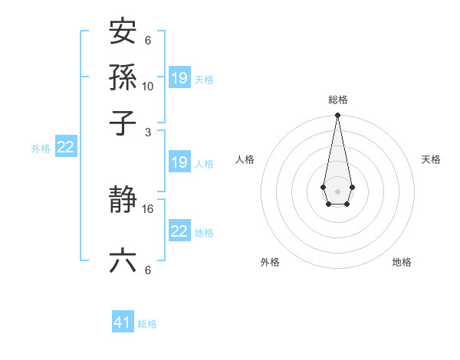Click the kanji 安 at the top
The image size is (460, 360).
(123, 32)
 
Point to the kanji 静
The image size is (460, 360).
(123, 201)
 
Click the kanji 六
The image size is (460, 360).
(123, 261)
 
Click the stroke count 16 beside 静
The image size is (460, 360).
(148, 208)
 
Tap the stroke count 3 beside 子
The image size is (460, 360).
(147, 132)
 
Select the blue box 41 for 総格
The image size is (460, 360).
(123, 322)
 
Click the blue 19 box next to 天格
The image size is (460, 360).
(179, 77)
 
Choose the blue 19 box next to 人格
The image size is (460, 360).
(179, 162)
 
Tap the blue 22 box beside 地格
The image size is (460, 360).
(179, 231)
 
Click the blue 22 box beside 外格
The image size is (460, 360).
(65, 147)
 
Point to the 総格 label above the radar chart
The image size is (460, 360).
(338, 100)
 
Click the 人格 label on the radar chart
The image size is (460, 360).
(245, 159)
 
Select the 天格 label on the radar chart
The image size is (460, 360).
(431, 159)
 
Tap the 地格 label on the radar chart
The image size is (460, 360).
(402, 262)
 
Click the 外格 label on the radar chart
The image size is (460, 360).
(270, 262)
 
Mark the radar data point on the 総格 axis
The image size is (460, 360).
(337, 116)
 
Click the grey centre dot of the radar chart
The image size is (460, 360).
(337, 191)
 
